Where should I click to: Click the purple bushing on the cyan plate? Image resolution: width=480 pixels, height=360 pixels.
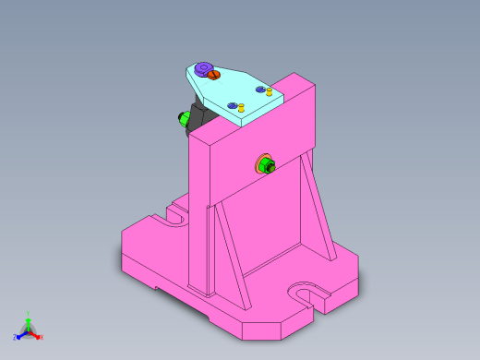[x=202, y=69]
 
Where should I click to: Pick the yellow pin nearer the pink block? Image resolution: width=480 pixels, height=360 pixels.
[x=269, y=90]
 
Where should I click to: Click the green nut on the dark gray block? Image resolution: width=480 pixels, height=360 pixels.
[x=183, y=117]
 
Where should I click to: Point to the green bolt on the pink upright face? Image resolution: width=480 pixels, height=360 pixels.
[x=267, y=166]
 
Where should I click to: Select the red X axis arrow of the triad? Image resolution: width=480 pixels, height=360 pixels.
[x=36, y=335]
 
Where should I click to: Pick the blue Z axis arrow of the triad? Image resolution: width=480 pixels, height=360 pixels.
[x=20, y=335]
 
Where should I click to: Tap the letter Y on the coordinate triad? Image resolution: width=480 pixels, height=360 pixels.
[x=29, y=314]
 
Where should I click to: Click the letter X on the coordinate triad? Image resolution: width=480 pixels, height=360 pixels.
[x=42, y=337]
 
